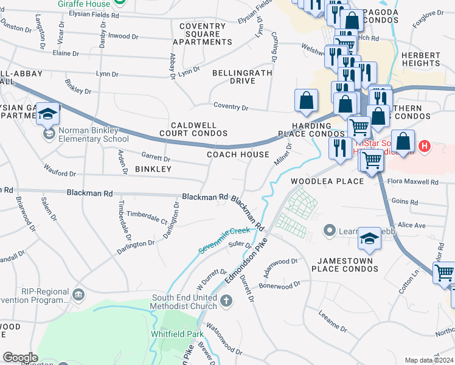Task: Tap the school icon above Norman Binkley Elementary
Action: click(47, 114)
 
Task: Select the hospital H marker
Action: click(425, 147)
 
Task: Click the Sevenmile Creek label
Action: click(224, 240)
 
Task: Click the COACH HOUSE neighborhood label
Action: click(238, 155)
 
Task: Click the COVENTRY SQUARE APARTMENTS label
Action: click(203, 33)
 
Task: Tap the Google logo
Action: click(20, 358)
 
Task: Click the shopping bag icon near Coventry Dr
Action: click(306, 100)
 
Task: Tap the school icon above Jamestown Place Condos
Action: click(369, 239)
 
